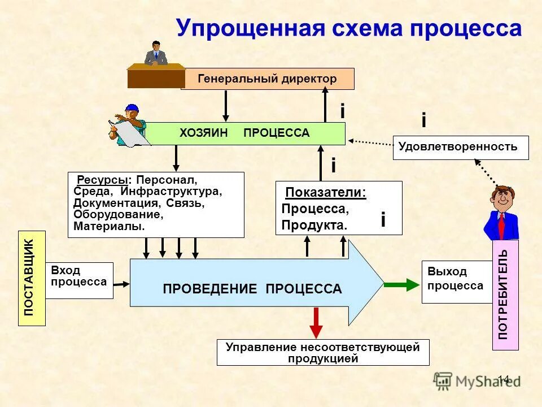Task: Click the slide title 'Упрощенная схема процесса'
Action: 348,28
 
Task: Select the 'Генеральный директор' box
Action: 267,79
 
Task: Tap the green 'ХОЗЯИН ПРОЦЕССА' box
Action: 244,133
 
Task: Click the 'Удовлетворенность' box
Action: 461,147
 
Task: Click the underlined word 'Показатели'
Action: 325,193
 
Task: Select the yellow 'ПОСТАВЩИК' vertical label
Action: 32,278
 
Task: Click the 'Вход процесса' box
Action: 78,276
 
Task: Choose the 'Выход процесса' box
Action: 455,279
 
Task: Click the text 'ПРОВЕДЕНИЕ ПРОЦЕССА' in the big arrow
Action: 252,289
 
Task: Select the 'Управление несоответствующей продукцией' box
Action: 322,352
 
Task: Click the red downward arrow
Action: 316,323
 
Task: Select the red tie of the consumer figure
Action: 501,226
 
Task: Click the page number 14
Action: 504,379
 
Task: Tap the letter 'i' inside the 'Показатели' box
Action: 383,219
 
